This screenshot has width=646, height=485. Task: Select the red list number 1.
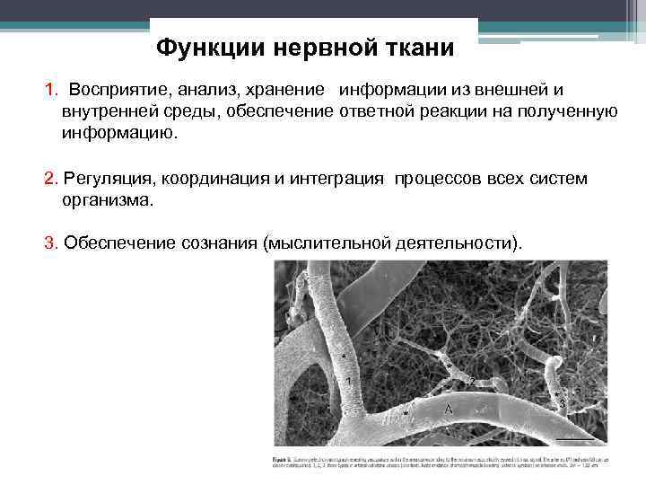click(49, 91)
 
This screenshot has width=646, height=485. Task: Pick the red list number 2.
click(49, 179)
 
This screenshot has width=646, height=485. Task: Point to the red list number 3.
click(49, 242)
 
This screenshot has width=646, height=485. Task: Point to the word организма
click(108, 199)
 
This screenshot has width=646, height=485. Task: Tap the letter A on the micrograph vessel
click(447, 409)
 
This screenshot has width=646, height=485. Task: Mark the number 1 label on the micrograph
click(347, 381)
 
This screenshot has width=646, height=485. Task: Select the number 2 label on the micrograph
click(470, 381)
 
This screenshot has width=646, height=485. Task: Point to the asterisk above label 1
click(344, 356)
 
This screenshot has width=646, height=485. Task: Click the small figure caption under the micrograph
click(440, 462)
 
